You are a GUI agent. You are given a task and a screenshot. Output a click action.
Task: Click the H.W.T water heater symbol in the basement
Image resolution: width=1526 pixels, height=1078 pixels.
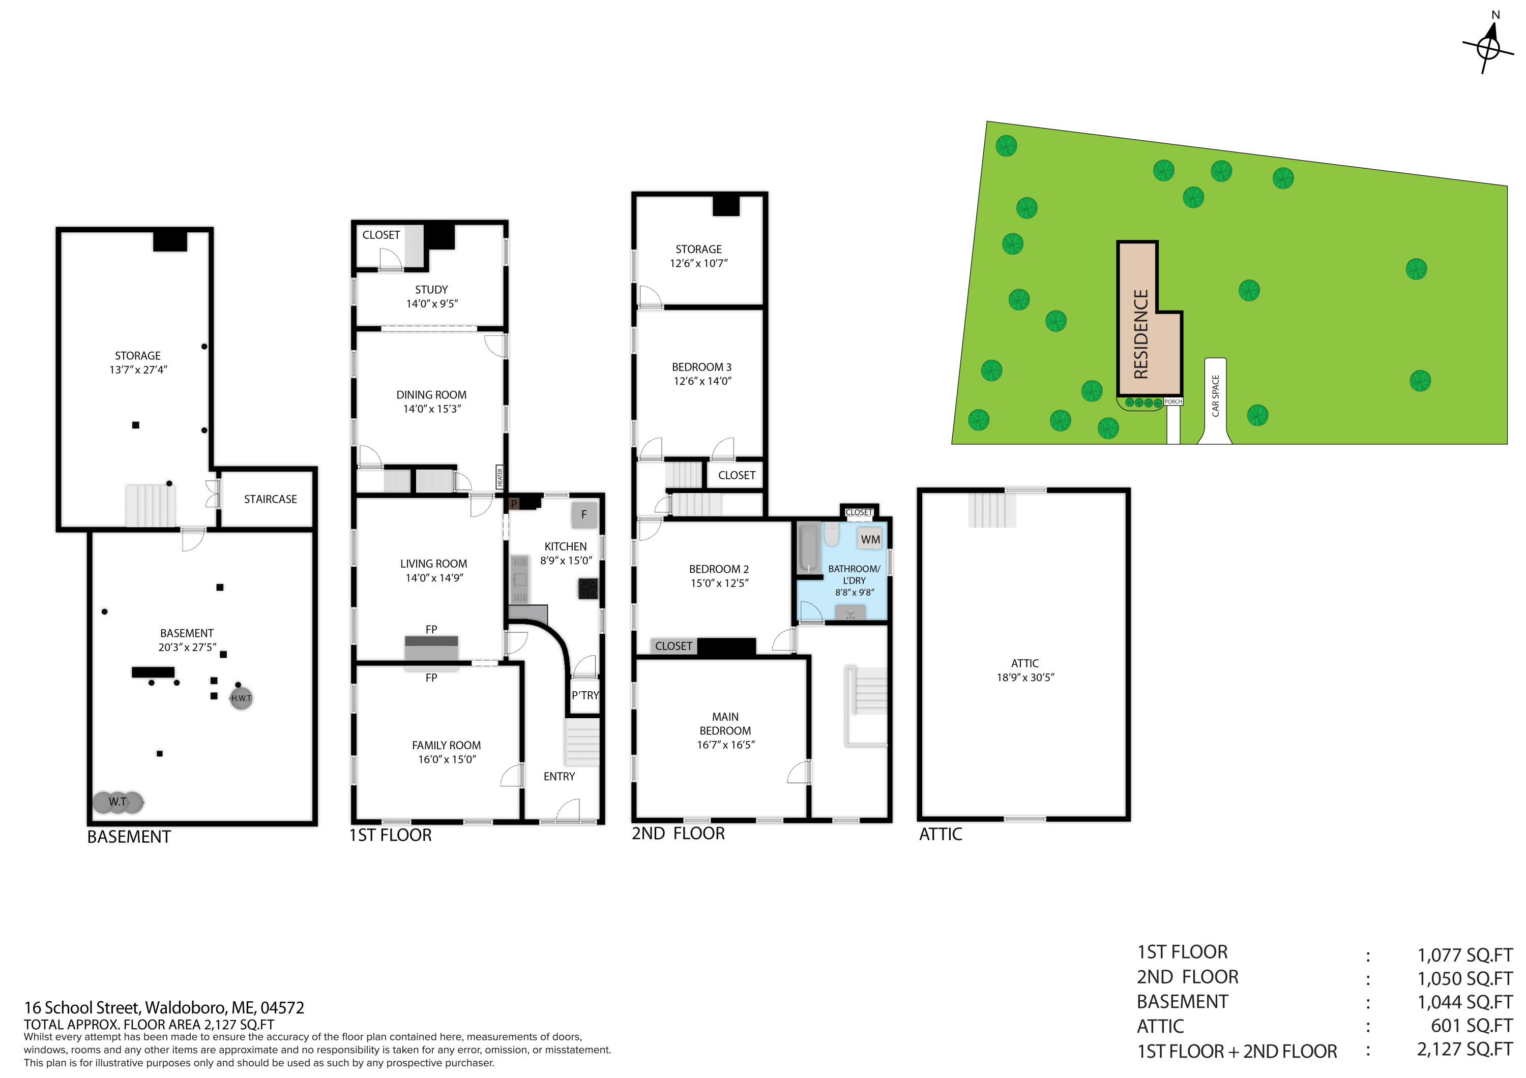(x=241, y=698)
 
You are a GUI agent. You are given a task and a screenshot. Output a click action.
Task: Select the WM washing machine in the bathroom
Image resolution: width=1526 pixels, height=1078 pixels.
(x=870, y=539)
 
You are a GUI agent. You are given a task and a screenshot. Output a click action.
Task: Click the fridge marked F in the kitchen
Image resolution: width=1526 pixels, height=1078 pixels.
(x=583, y=514)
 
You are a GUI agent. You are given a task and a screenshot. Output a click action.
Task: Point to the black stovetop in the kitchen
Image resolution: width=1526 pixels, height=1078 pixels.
(x=588, y=589)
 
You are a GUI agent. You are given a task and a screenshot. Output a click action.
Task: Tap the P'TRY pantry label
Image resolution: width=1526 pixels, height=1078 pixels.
(x=585, y=695)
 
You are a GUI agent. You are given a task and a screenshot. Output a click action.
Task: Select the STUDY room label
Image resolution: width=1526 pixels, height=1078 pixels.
(x=431, y=290)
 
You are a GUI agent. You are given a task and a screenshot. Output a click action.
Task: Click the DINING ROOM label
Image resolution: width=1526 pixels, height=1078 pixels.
(x=431, y=394)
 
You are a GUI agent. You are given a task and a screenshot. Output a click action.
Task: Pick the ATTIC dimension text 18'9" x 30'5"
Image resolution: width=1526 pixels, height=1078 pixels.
(x=1025, y=677)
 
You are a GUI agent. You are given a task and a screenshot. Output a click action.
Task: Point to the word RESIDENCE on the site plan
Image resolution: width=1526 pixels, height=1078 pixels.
(x=1141, y=334)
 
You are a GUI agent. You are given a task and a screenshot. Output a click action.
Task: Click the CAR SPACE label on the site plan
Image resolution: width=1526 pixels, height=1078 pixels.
(x=1216, y=396)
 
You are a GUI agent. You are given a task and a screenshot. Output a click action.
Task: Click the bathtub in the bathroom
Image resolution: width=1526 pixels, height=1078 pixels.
(x=808, y=548)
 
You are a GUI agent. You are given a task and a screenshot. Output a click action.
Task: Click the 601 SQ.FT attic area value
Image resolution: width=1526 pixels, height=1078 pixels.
(x=1472, y=1026)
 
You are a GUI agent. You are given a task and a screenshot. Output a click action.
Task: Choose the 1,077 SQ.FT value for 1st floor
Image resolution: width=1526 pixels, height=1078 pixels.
(x=1465, y=955)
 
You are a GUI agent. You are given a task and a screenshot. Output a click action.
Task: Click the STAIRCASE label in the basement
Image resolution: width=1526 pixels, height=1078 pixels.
(x=271, y=499)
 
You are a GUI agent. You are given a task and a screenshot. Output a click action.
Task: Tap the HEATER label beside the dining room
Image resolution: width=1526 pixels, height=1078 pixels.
(x=500, y=477)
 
